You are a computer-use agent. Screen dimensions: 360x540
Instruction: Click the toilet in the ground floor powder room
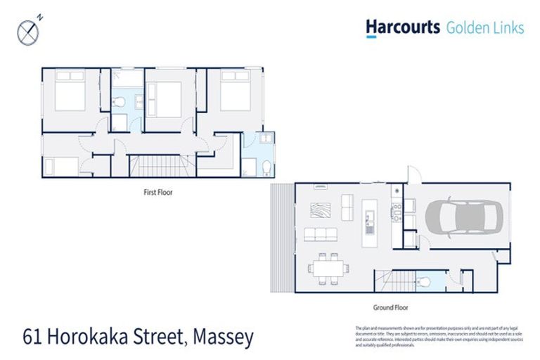pyautogui.click(x=423, y=282)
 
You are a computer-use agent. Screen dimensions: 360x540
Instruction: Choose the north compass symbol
pyautogui.click(x=27, y=31)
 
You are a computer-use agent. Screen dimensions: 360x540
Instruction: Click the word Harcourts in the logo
pyautogui.click(x=403, y=27)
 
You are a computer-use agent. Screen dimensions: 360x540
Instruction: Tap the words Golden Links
pyautogui.click(x=485, y=28)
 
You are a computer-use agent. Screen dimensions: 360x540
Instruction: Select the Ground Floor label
pyautogui.click(x=391, y=307)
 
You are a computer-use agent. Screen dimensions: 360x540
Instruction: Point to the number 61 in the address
pyautogui.click(x=30, y=338)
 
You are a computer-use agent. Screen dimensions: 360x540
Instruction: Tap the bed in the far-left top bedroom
pyautogui.click(x=70, y=94)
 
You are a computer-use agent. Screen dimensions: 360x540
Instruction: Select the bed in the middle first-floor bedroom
pyautogui.click(x=164, y=95)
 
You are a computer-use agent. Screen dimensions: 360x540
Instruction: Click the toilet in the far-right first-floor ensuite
pyautogui.click(x=266, y=168)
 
